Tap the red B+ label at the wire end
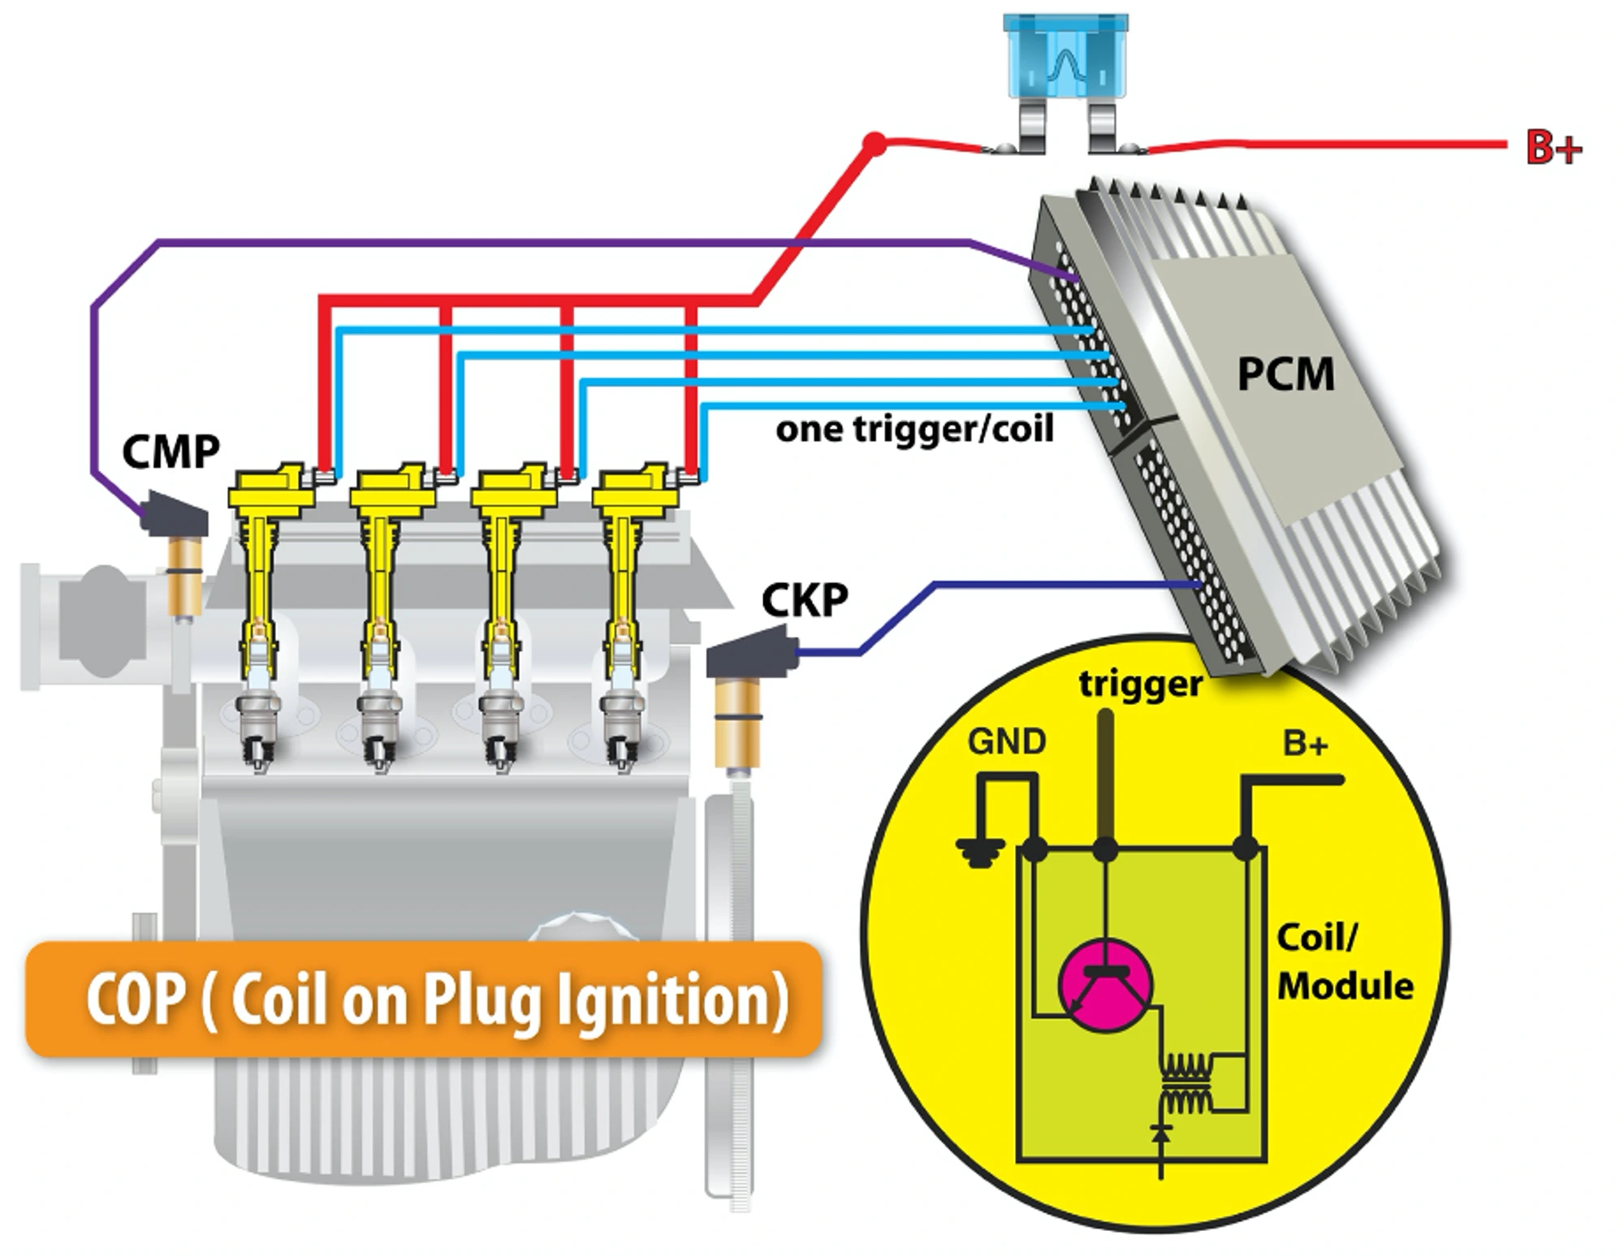coord(1553,149)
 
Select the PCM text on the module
coord(1285,374)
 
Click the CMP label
coord(171,452)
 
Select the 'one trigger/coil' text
coord(914,429)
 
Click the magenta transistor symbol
coord(1105,985)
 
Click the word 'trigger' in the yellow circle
coord(1140,684)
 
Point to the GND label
coord(1007,742)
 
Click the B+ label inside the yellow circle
coord(1305,744)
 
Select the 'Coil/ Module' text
coord(1344,961)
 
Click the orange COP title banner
coord(422,999)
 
